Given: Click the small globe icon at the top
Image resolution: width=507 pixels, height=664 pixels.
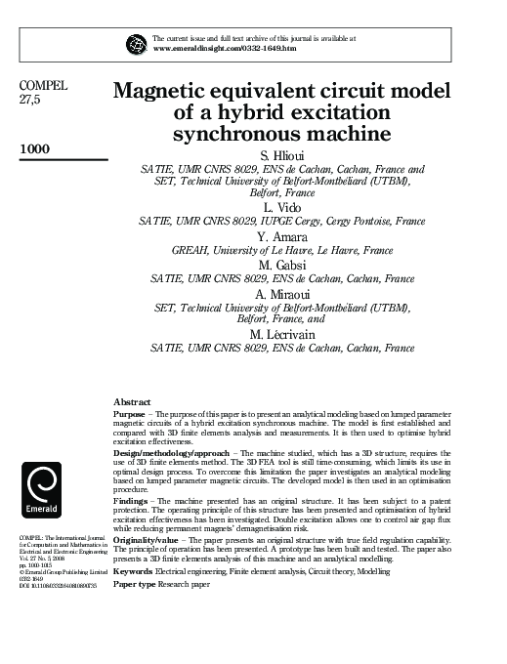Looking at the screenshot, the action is pyautogui.click(x=136, y=42).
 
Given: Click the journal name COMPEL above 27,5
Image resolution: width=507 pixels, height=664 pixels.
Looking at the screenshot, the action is pyautogui.click(x=43, y=86).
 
